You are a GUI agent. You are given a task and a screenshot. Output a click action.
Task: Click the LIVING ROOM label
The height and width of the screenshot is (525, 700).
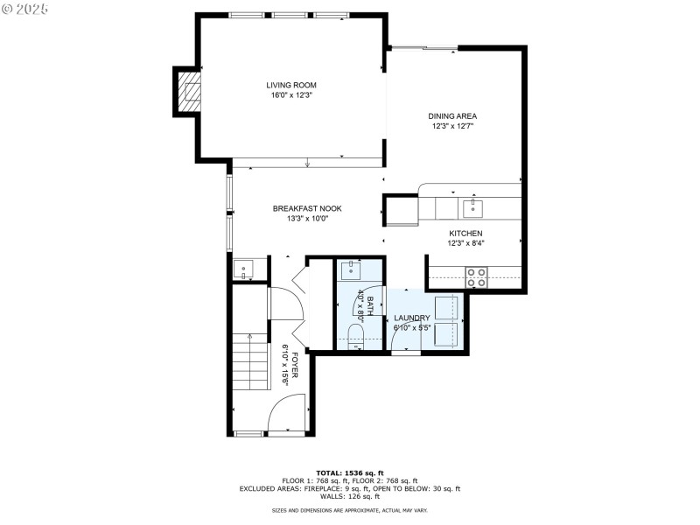click(x=291, y=85)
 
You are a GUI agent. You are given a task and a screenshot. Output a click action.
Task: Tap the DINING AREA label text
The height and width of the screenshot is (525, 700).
click(x=452, y=115)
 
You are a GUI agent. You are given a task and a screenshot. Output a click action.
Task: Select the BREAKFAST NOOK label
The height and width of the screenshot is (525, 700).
click(x=306, y=208)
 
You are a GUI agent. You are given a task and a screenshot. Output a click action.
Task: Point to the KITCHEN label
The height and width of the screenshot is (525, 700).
click(x=465, y=234)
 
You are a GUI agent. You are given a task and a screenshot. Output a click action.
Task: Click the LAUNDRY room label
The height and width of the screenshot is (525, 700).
click(x=411, y=318)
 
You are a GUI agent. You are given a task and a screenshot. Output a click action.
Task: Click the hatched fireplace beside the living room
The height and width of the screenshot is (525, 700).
click(x=189, y=91)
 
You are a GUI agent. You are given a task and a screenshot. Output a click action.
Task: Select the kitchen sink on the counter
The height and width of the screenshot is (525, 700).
click(x=472, y=207)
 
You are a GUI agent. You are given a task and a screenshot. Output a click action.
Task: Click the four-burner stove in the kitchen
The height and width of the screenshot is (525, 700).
click(x=477, y=277)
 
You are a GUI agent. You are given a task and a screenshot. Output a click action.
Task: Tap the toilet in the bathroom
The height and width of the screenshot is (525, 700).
click(x=355, y=336)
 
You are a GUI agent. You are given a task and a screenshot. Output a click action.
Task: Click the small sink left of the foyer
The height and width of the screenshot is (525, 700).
click(x=243, y=269)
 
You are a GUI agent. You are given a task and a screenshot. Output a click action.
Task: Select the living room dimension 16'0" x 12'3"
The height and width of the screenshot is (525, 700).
click(x=291, y=95)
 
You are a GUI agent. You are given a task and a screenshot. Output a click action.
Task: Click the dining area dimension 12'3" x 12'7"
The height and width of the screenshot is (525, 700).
click(x=452, y=126)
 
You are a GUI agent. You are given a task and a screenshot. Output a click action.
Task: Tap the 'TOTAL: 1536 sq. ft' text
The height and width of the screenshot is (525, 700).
click(x=350, y=472)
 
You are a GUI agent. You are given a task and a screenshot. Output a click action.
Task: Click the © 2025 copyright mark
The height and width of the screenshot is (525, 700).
click(x=25, y=8)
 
